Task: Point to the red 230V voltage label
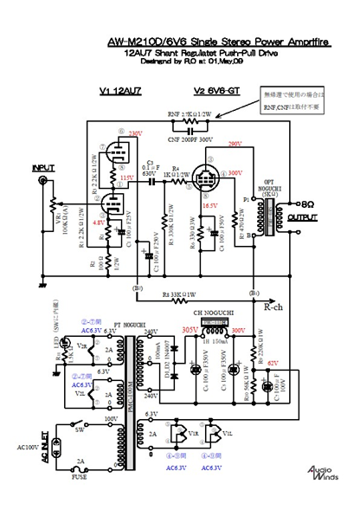135,134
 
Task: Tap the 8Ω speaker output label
310,197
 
